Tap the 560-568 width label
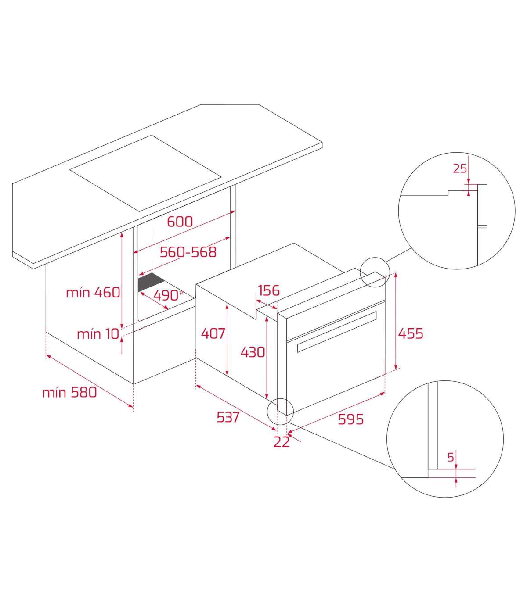[x=188, y=252]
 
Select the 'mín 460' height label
[x=93, y=293]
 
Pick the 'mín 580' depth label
[x=69, y=393]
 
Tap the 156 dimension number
[x=269, y=290]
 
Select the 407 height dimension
[x=213, y=333]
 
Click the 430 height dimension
[x=253, y=352]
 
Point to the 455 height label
[x=411, y=333]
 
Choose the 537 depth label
[x=228, y=417]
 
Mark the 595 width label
[x=350, y=419]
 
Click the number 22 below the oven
[x=282, y=442]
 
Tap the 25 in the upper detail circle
[x=460, y=168]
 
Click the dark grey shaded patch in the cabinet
[x=151, y=282]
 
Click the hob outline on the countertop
[x=145, y=173]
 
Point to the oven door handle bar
[x=337, y=332]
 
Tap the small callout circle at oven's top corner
[x=375, y=272]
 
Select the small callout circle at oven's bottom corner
[x=280, y=412]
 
